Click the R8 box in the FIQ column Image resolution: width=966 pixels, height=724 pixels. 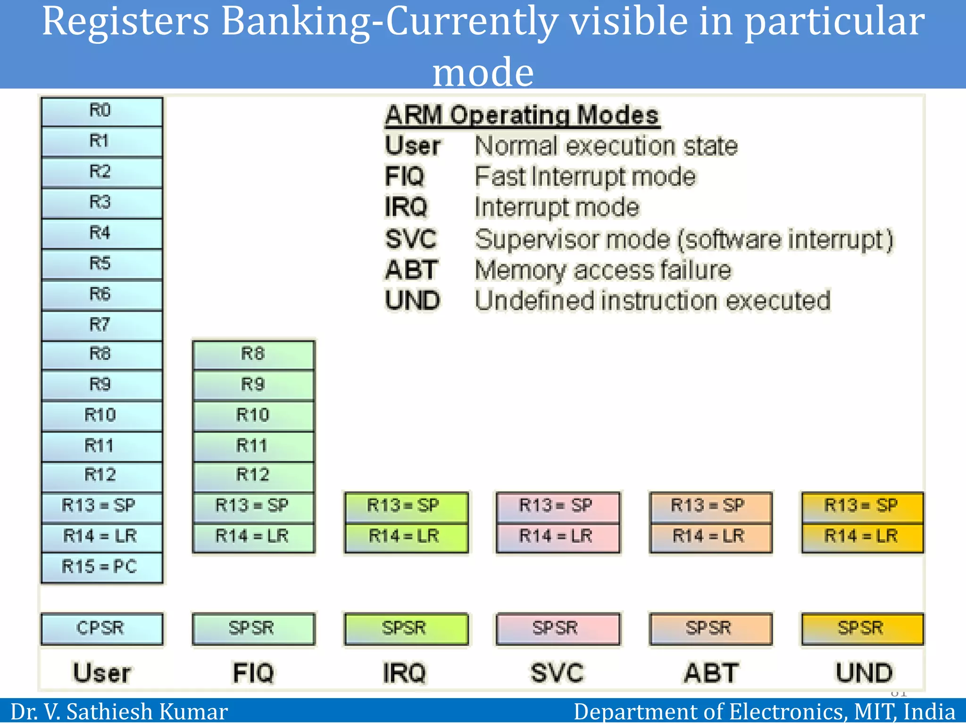coord(253,354)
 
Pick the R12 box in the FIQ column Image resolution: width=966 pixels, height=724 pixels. coord(253,475)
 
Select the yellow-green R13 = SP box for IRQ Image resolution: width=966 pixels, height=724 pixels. coord(406,506)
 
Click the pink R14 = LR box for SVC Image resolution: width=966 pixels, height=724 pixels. coord(558,536)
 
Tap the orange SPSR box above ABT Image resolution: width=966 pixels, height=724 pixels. coord(710,628)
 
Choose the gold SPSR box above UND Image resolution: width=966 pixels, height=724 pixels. coord(862,628)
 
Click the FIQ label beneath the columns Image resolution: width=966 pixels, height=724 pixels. coord(253,673)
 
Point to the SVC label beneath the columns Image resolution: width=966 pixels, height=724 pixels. coord(558,673)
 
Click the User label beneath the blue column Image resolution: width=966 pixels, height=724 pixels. coord(102,673)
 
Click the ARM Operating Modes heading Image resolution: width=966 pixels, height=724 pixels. coord(522,115)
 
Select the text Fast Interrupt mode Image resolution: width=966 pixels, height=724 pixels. coord(585,177)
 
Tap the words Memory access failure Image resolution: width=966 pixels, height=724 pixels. coord(603,271)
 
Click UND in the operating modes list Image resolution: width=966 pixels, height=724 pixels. coord(412,301)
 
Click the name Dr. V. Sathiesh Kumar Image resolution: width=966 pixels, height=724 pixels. coord(119,712)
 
